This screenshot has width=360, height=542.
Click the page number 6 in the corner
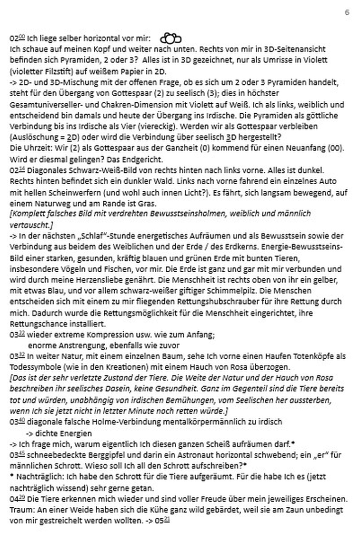point(347,13)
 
